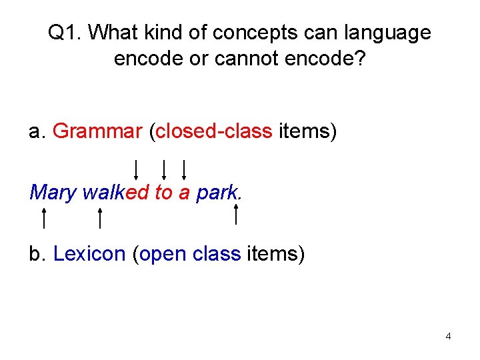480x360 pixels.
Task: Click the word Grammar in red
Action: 97,131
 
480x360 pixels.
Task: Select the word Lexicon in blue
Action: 89,254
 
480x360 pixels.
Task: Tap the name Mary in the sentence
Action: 53,193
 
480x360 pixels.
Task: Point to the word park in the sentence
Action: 216,193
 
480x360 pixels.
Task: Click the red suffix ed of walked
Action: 137,193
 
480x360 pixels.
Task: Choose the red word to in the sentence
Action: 163,193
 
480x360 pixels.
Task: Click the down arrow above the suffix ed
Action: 136,169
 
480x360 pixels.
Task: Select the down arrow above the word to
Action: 163,169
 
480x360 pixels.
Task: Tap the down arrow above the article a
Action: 183,169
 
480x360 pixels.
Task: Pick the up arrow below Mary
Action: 43,218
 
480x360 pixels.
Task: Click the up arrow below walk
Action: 99,218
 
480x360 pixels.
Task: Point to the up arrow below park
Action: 237,215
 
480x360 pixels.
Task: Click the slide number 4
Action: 448,336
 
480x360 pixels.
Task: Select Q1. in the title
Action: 65,32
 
